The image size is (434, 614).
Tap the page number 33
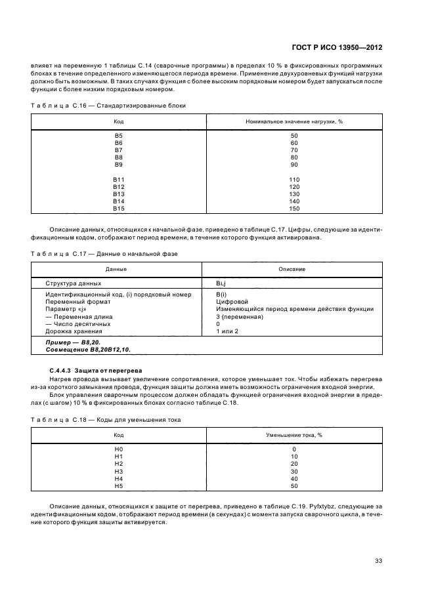tap(378, 560)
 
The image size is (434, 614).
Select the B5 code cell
tap(119, 135)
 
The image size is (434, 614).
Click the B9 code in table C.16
tap(119, 164)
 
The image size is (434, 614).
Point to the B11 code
tap(119, 179)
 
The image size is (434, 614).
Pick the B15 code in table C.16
tap(119, 209)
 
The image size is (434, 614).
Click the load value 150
tap(294, 209)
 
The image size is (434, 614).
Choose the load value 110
tap(294, 179)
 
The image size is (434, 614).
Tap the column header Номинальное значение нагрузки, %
tap(294, 121)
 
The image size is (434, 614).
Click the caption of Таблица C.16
tap(108, 105)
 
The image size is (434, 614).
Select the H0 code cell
tap(119, 449)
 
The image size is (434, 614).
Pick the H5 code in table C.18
tap(119, 486)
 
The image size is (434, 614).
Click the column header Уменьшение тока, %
tap(294, 434)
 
